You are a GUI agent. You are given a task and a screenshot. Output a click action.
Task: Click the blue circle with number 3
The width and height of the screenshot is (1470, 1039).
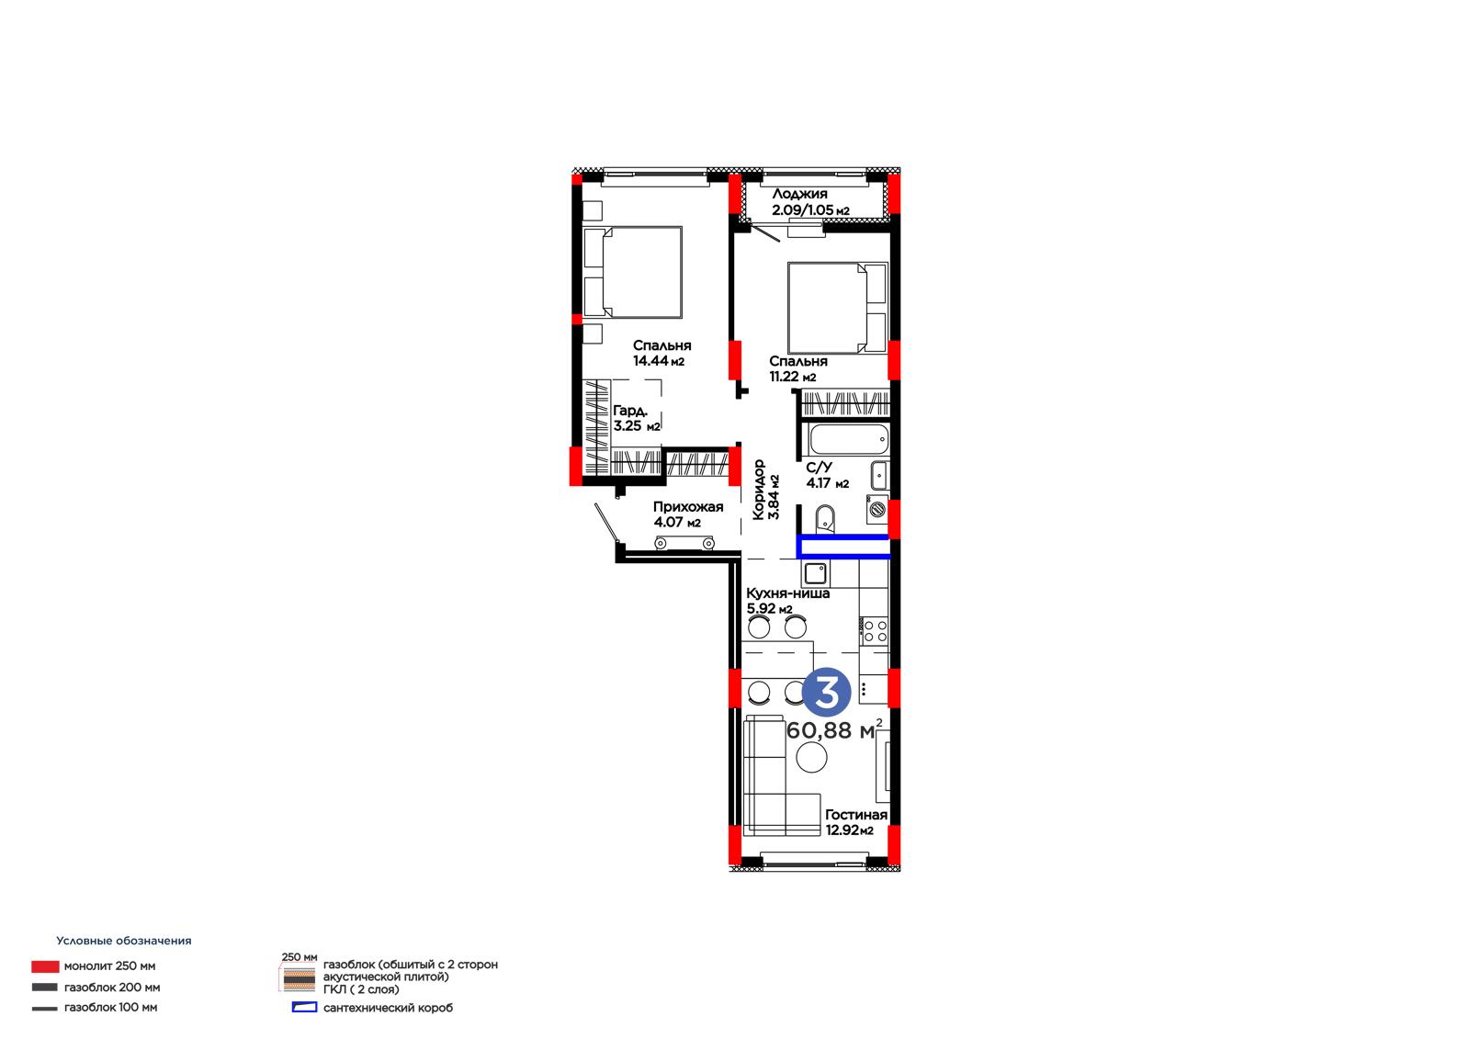[826, 692]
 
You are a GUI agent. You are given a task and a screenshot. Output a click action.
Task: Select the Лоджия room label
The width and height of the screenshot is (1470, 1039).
[799, 194]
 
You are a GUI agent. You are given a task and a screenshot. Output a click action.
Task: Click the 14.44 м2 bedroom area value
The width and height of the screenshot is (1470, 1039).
[658, 360]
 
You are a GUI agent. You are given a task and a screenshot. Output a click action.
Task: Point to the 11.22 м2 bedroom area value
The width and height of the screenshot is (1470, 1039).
[792, 376]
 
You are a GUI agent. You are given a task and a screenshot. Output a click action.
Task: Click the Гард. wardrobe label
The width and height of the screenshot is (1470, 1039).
[630, 411]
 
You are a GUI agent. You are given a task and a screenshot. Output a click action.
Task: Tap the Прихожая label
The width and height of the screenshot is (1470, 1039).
[688, 507]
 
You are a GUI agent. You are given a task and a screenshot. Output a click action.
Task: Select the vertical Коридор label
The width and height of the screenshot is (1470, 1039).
[759, 490]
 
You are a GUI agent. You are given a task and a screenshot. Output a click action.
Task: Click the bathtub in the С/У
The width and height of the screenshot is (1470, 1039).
[849, 440]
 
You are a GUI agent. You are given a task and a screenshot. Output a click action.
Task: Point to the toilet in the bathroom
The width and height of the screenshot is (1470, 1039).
[826, 519]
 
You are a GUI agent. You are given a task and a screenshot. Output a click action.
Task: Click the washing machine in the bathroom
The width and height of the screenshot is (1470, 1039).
[877, 509]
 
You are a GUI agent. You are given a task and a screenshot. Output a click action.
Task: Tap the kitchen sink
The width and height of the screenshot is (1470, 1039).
[816, 573]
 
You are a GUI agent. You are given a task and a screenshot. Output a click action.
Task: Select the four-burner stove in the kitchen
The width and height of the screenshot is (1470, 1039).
[875, 631]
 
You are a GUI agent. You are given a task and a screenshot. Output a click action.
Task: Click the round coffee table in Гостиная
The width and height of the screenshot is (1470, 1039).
[812, 758]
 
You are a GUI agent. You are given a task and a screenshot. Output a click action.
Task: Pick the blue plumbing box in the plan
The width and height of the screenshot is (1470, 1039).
[843, 546]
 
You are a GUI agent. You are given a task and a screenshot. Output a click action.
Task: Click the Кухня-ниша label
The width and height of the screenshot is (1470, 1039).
[787, 593]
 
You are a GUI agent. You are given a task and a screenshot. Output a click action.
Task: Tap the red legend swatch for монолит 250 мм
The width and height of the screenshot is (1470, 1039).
[45, 966]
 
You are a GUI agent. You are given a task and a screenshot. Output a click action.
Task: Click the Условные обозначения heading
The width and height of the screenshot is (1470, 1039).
[124, 941]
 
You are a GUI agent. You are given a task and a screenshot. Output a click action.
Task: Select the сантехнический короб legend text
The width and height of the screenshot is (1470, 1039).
[388, 1008]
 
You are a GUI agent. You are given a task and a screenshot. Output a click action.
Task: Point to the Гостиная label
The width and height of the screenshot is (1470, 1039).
[855, 815]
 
